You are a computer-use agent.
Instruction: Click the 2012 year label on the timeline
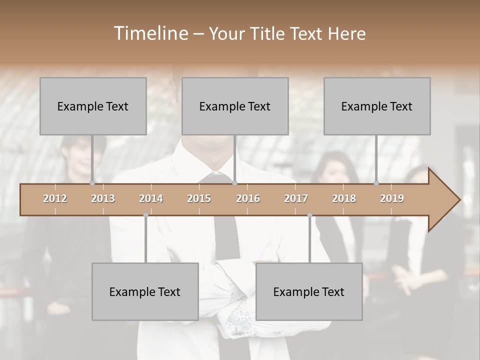point(55,198)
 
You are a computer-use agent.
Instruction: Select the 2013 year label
point(103,198)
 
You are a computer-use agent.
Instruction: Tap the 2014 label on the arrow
point(151,198)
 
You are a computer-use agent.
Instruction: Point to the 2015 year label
point(199,198)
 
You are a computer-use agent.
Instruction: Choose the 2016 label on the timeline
point(248,198)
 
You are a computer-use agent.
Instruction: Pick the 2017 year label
point(296,198)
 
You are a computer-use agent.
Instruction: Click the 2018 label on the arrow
point(344,198)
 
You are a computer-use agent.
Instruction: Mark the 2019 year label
point(392,198)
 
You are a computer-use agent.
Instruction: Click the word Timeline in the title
point(150,33)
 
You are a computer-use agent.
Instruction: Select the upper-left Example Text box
point(93,106)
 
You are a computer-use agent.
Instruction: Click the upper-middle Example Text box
point(235,106)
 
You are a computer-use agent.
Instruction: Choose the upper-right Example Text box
point(377,106)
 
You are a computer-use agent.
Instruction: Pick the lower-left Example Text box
point(145,291)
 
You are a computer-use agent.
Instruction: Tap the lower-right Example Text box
point(309,291)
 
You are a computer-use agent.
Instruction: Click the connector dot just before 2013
point(92,183)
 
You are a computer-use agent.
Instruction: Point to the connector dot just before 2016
point(234,183)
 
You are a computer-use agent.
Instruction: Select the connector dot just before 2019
point(376,183)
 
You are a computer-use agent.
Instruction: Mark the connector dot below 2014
point(145,215)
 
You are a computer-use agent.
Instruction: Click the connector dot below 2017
point(309,215)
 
